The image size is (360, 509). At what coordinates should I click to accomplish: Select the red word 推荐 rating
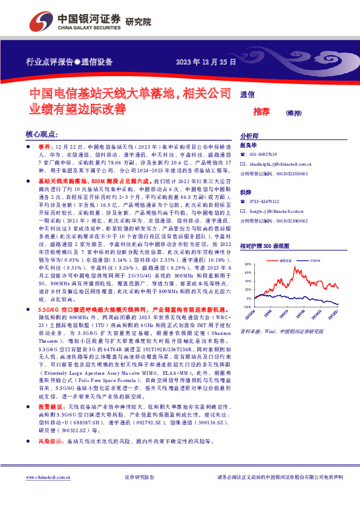pyautogui.click(x=261, y=112)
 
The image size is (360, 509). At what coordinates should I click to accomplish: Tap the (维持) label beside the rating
pyautogui.click(x=293, y=112)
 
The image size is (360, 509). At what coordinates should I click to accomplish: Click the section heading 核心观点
pyautogui.click(x=42, y=134)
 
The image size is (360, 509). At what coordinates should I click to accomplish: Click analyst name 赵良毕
pyautogui.click(x=249, y=146)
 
